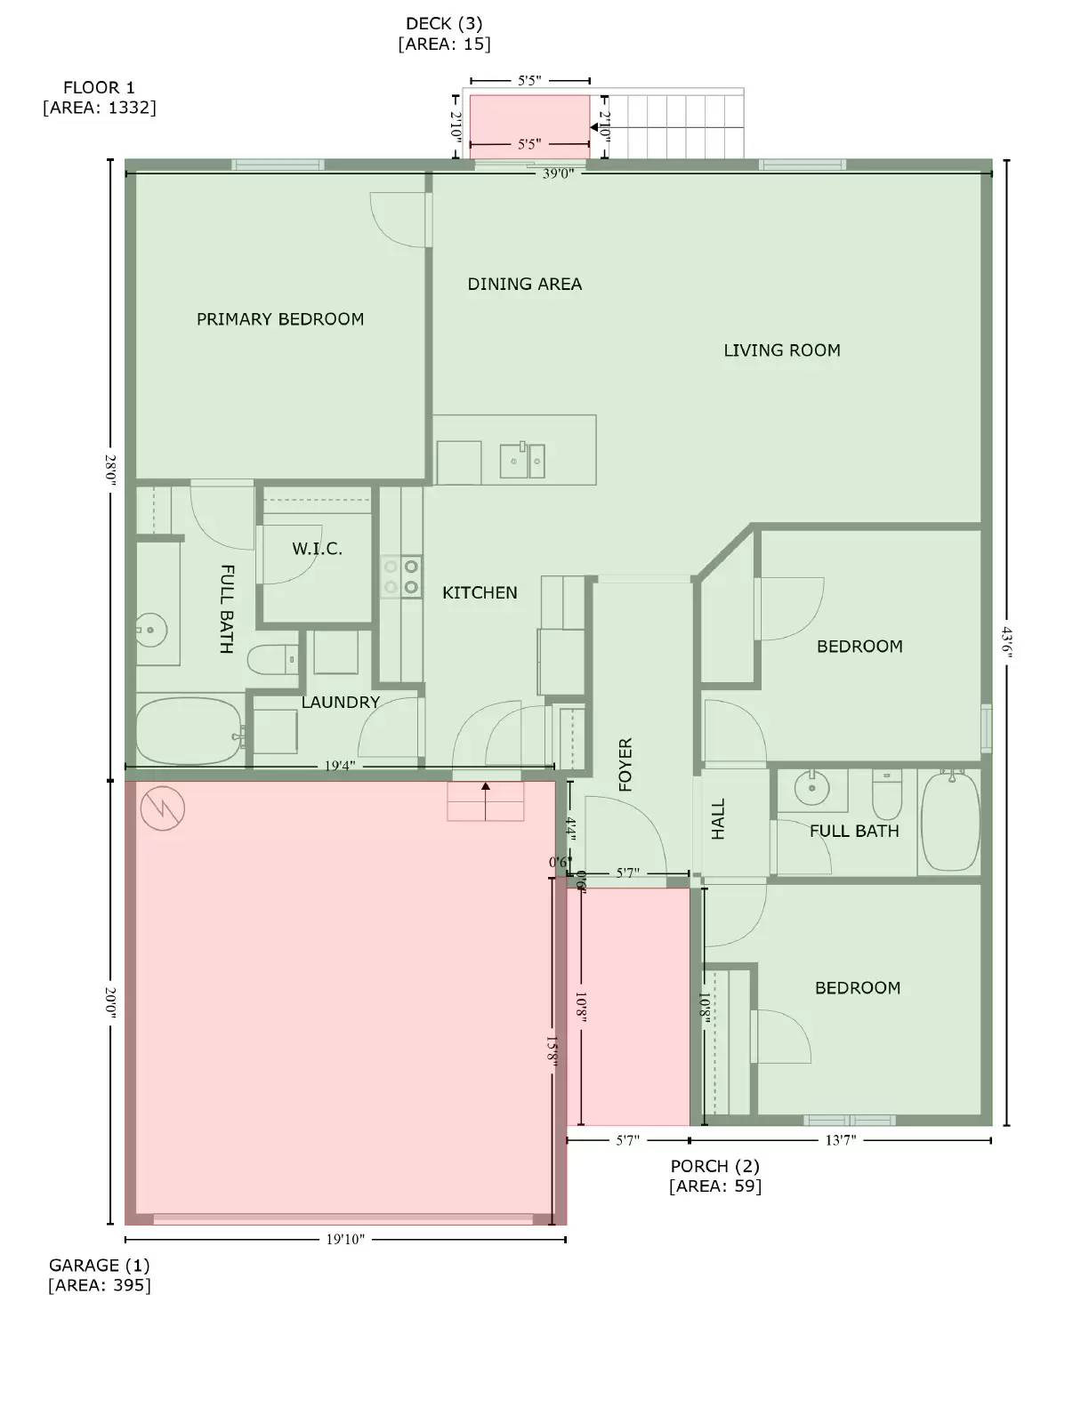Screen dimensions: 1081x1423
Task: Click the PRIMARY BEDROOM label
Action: [x=280, y=319]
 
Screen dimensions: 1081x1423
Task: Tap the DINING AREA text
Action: [x=525, y=284]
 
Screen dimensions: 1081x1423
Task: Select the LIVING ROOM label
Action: [x=782, y=350]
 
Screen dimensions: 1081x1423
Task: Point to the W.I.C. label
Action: [x=317, y=549]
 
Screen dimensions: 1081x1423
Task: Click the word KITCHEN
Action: [x=480, y=592]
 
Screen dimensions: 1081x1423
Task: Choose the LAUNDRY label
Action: [x=341, y=702]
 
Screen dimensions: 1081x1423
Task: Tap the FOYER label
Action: [x=625, y=765]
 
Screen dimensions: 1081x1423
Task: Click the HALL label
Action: [x=718, y=819]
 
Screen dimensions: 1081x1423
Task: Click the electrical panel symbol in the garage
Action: [x=163, y=808]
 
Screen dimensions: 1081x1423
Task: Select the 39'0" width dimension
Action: [x=559, y=173]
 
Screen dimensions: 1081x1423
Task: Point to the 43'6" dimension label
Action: [x=1006, y=642]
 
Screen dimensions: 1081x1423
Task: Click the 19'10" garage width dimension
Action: [x=345, y=1240]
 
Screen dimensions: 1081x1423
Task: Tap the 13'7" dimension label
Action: [x=841, y=1139]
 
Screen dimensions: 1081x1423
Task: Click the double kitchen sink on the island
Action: [x=522, y=461]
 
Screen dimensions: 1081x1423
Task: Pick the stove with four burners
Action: [x=401, y=576]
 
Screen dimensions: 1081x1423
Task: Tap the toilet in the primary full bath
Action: [x=273, y=659]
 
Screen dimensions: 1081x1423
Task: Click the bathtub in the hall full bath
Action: [x=951, y=822]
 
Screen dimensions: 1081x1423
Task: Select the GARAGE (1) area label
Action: [x=100, y=1275]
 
